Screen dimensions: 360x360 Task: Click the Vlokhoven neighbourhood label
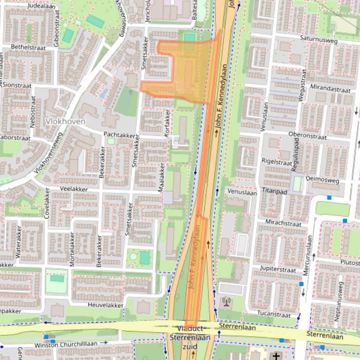pyautogui.click(x=66, y=121)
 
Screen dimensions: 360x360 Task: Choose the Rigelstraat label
pyautogui.click(x=277, y=160)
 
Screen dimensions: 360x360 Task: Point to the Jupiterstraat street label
pyautogui.click(x=278, y=270)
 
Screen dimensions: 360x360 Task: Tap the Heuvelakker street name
pyautogui.click(x=105, y=305)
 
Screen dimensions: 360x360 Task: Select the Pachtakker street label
pyautogui.click(x=119, y=135)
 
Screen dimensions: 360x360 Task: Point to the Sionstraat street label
pyautogui.click(x=18, y=86)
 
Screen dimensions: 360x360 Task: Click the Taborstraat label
pyautogui.click(x=15, y=138)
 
